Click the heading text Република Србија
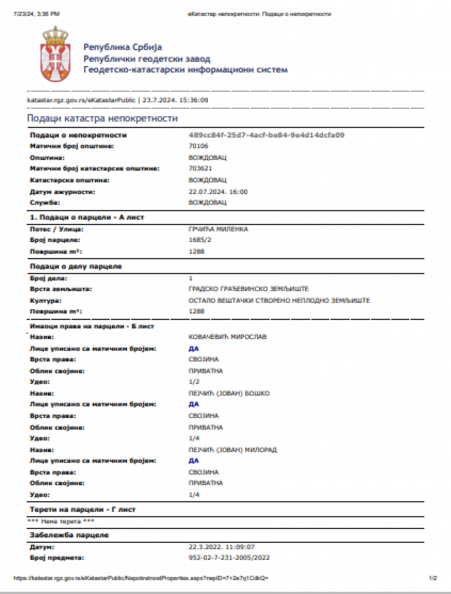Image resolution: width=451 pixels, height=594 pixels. [123, 48]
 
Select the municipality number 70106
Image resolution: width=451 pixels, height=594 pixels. [198, 146]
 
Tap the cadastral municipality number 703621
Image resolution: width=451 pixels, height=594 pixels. [200, 168]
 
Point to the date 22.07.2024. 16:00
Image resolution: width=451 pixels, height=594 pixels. [218, 191]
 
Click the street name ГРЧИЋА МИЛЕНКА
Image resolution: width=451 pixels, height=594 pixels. [218, 229]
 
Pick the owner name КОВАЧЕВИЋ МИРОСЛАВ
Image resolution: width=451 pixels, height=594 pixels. [228, 337]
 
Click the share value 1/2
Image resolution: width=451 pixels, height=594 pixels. [193, 382]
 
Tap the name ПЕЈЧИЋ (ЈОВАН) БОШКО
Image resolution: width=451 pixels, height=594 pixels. [229, 393]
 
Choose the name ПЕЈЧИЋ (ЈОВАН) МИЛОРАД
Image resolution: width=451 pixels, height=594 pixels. [233, 450]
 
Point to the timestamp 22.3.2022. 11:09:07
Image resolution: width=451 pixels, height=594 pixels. [224, 546]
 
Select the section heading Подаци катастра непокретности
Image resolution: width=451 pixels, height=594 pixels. [102, 118]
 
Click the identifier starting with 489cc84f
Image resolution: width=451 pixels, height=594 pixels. [266, 135]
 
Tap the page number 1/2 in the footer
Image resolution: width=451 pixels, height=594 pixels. [433, 578]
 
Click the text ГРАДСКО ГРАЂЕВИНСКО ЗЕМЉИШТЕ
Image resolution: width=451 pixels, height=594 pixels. [249, 289]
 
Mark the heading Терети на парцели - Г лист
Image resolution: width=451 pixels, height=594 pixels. [83, 509]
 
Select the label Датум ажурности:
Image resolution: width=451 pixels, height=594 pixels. [62, 191]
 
